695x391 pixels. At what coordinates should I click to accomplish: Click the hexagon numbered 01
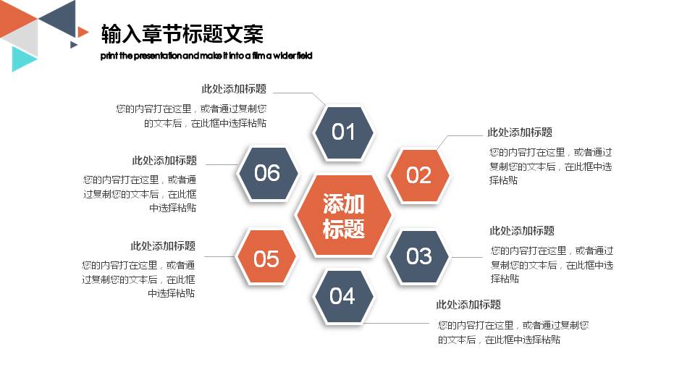point(343,131)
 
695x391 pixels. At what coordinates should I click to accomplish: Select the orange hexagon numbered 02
point(419,175)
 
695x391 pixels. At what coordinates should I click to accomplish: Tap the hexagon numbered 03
point(419,256)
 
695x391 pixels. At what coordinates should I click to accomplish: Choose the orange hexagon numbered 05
point(266,258)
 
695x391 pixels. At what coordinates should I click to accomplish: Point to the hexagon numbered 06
point(267,172)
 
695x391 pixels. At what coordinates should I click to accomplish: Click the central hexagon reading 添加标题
point(344,215)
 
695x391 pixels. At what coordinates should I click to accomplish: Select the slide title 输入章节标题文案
point(182,33)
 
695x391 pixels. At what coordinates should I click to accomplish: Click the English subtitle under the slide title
point(206,56)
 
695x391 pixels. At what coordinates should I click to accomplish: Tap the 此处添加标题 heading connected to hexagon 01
point(234,89)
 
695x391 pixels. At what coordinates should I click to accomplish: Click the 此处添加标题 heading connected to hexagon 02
point(520,133)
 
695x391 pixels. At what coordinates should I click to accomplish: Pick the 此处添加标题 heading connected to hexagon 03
point(522,231)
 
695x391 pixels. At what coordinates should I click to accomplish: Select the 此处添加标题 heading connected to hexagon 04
point(468,305)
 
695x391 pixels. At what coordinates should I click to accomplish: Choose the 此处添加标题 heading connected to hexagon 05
point(163,246)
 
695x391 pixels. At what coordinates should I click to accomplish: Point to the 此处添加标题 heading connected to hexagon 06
point(164,161)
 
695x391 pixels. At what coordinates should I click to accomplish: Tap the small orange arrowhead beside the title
point(83,31)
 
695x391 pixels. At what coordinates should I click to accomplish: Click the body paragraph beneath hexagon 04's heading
point(513,332)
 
